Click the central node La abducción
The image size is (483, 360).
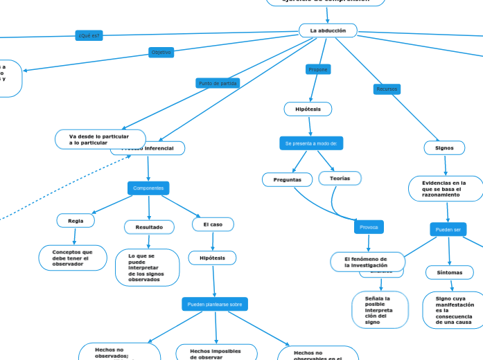pyautogui.click(x=328, y=30)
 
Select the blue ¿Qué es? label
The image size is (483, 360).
pyautogui.click(x=89, y=35)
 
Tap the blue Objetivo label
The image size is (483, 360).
pyautogui.click(x=161, y=52)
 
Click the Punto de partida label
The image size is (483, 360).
pyautogui.click(x=218, y=83)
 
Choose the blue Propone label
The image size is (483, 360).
pyautogui.click(x=317, y=69)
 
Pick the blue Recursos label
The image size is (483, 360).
pyautogui.click(x=387, y=89)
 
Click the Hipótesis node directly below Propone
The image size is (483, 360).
pyautogui.click(x=308, y=109)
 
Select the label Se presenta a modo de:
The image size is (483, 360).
pyautogui.click(x=311, y=143)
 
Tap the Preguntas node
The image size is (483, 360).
pyautogui.click(x=288, y=179)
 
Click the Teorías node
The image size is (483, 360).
pyautogui.click(x=340, y=178)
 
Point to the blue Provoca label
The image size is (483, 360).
pyautogui.click(x=368, y=227)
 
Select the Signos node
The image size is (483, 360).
pyautogui.click(x=444, y=147)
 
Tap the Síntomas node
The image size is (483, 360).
pyautogui.click(x=450, y=272)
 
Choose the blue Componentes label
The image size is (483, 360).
pyautogui.click(x=148, y=188)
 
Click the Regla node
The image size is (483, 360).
pyautogui.click(x=76, y=220)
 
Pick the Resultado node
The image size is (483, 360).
pyautogui.click(x=149, y=227)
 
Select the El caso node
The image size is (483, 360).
pyautogui.click(x=213, y=224)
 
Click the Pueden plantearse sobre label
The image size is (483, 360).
pyautogui.click(x=215, y=304)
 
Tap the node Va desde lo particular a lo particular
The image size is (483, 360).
pyautogui.click(x=100, y=139)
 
